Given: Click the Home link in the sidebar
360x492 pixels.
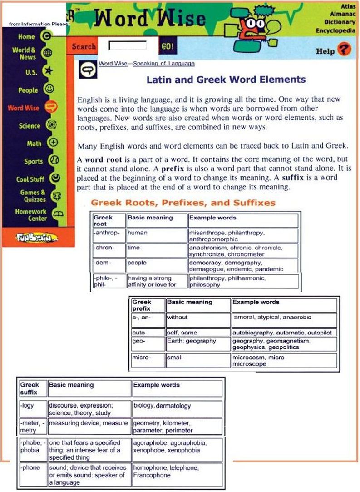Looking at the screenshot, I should pyautogui.click(x=26, y=37).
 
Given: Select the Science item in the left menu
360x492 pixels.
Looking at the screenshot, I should pyautogui.click(x=30, y=126).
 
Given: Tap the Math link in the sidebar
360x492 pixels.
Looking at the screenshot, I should pyautogui.click(x=34, y=144).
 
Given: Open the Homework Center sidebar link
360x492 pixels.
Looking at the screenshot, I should pyautogui.click(x=31, y=215).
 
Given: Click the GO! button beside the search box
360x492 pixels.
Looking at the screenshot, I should pyautogui.click(x=167, y=46).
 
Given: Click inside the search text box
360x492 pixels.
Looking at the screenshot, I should pyautogui.click(x=128, y=46).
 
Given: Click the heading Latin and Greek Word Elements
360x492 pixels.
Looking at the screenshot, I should pyautogui.click(x=226, y=80).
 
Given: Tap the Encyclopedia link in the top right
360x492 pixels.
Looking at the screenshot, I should pyautogui.click(x=335, y=30).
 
